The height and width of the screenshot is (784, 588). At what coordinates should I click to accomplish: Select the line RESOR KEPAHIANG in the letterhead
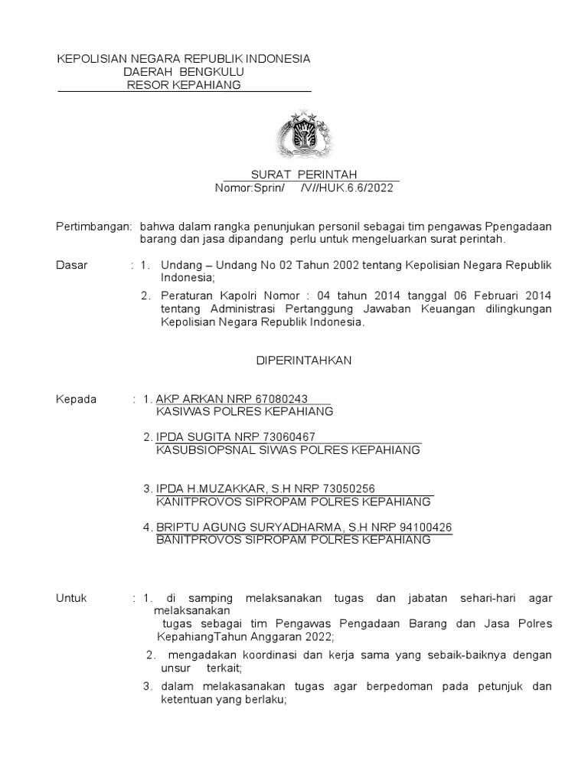tap(184, 84)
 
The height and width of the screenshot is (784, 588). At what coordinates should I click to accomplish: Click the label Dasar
tap(73, 265)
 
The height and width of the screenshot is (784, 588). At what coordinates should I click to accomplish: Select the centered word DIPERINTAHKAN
tap(303, 361)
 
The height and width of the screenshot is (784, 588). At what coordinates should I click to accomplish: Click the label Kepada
tap(77, 399)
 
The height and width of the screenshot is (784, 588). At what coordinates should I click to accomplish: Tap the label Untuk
tap(73, 597)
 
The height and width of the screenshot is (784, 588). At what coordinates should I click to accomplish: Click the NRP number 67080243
tap(282, 399)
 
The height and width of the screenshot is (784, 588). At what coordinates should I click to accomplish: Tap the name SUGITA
tap(205, 437)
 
